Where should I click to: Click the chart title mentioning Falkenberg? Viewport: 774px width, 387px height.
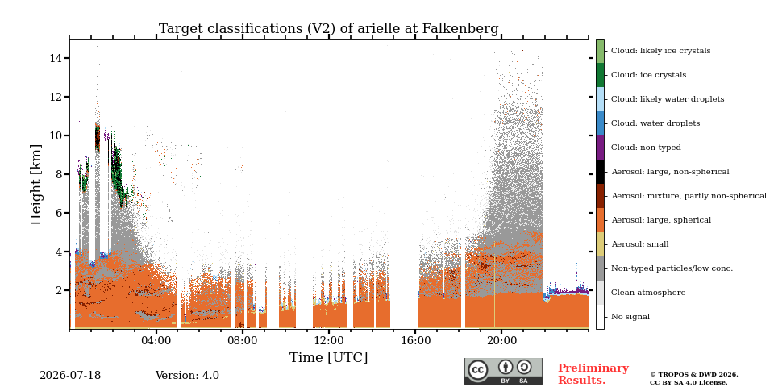[329, 29]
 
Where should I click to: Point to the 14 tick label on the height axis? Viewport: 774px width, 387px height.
[55, 58]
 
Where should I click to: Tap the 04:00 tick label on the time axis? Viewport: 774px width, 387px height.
[156, 340]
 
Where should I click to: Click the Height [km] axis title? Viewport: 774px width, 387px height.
[36, 185]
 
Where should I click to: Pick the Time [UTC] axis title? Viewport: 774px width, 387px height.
[329, 357]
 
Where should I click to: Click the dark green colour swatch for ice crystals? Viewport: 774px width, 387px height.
[600, 75]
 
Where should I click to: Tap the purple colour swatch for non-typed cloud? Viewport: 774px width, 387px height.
[600, 148]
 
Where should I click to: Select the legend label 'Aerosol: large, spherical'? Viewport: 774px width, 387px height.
[661, 220]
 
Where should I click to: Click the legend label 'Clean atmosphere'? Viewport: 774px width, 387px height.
[648, 293]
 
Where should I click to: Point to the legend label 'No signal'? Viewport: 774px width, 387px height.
[630, 317]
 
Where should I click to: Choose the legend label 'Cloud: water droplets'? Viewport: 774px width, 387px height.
[655, 123]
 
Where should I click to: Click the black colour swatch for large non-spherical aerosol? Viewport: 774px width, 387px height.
[600, 172]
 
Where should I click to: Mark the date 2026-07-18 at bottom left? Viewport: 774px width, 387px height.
[70, 376]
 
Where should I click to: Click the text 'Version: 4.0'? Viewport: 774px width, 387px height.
[187, 376]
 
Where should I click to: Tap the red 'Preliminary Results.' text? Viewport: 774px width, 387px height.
[593, 374]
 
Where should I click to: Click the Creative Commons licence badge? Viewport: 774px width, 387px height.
[503, 371]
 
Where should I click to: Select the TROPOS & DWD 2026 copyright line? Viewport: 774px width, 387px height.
[694, 375]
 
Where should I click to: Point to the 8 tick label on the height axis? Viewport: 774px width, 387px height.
[58, 174]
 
